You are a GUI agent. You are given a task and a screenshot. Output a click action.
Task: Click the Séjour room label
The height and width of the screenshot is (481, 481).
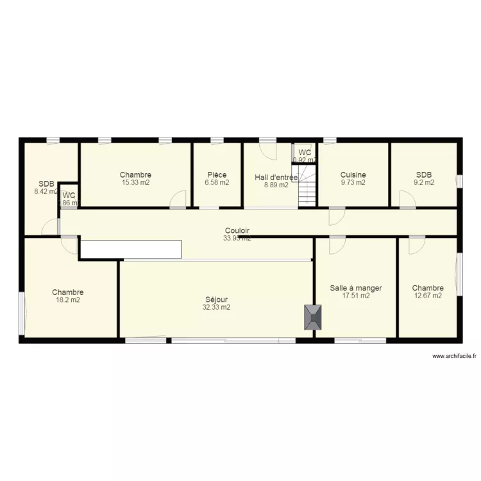[217, 300]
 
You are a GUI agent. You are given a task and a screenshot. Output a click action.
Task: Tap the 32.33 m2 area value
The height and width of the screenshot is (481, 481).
[217, 307]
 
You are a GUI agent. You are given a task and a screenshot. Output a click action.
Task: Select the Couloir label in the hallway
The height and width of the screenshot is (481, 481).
[237, 230]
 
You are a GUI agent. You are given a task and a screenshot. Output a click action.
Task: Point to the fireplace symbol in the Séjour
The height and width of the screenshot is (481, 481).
[314, 317]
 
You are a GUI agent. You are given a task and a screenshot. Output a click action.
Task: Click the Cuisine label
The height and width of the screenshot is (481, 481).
[353, 174]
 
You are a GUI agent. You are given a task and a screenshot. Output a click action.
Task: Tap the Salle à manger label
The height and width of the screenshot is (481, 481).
[356, 288]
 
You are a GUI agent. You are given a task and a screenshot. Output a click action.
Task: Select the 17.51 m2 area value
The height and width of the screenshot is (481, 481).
[356, 296]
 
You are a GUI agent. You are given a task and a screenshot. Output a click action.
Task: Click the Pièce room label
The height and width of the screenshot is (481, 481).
[217, 174]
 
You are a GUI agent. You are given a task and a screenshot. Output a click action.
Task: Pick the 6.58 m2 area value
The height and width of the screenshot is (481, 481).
[217, 182]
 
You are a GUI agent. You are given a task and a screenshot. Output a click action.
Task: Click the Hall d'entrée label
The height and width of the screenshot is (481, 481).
[276, 177]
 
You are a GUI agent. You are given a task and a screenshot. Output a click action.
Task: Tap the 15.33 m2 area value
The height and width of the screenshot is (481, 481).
[135, 182]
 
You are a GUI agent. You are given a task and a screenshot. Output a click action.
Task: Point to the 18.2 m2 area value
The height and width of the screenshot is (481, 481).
[67, 300]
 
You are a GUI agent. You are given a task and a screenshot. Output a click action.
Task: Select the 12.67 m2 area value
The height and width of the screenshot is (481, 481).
[427, 296]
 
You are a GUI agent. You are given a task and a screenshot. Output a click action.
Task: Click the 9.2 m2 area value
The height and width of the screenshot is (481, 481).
[424, 182]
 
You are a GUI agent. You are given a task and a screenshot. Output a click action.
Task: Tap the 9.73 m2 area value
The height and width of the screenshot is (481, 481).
[353, 182]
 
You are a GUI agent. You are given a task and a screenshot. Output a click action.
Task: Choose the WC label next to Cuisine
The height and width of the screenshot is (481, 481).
[305, 152]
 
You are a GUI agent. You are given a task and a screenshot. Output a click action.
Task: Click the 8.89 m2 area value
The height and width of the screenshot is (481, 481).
[276, 185]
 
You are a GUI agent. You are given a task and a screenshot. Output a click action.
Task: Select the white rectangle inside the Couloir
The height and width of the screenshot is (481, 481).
[131, 249]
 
